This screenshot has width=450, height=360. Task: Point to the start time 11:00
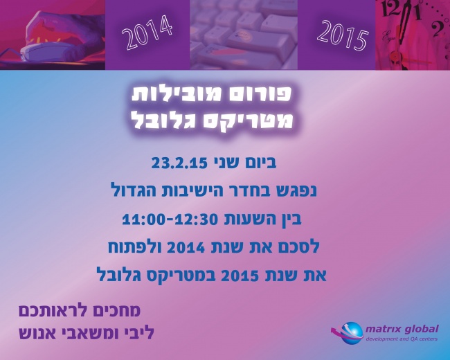pos(144,219)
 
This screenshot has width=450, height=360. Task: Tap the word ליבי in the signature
pos(136,334)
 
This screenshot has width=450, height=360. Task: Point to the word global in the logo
pos(420,327)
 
